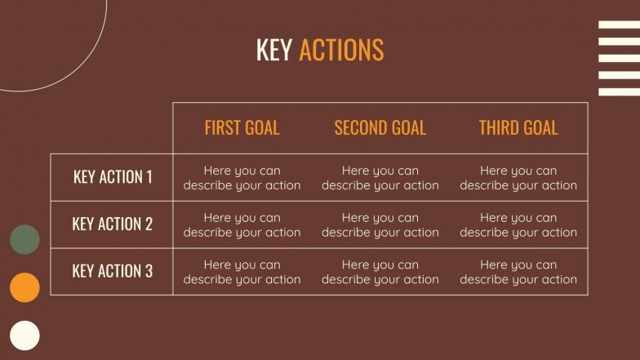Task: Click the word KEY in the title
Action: [273, 50]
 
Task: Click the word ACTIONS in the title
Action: [341, 50]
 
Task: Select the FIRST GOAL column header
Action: [242, 128]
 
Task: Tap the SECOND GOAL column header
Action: [380, 128]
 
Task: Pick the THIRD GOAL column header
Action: [518, 128]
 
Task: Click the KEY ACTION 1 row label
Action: [113, 177]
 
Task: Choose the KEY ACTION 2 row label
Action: [113, 224]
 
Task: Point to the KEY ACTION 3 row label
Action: [113, 271]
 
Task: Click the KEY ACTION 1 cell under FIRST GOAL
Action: [242, 178]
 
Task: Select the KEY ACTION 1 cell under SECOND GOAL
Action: [380, 178]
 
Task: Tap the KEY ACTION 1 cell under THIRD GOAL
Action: [518, 178]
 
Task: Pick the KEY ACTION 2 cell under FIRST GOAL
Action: [242, 224]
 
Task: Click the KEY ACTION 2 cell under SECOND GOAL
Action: [380, 224]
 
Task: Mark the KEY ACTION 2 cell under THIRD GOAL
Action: [518, 224]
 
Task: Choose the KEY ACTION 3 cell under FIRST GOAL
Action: [242, 272]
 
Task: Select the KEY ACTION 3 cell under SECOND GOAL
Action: [380, 272]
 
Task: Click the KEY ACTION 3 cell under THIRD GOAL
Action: [518, 272]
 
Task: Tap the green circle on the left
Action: [24, 239]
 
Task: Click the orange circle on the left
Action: [24, 287]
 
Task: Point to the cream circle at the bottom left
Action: [24, 336]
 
